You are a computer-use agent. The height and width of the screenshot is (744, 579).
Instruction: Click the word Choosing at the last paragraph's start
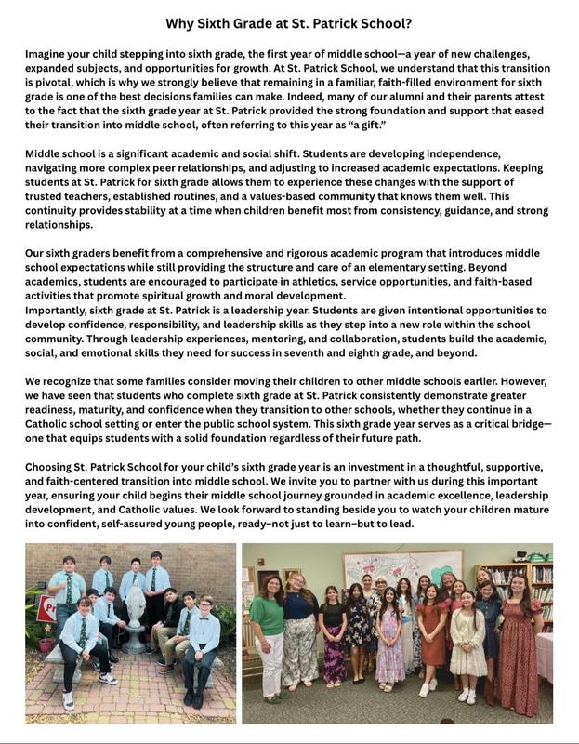[53, 466]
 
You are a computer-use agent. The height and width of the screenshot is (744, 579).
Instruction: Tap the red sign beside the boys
[44, 610]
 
